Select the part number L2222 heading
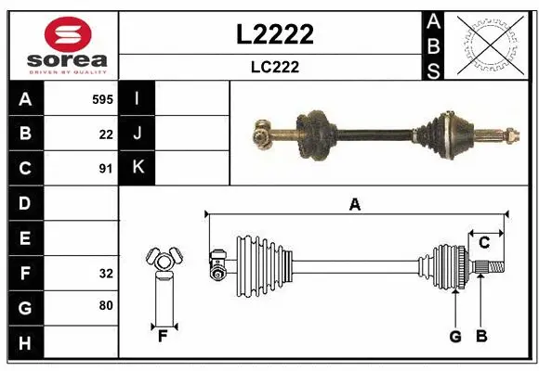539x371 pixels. coord(275,35)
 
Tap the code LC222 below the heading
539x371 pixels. coord(275,67)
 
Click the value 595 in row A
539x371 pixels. coord(102,98)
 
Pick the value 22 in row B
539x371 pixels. coord(106,134)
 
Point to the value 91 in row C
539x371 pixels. coord(106,169)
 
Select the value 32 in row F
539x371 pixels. coord(106,274)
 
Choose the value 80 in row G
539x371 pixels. coord(106,304)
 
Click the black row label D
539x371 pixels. coord(25,203)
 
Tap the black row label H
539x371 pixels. coord(25,344)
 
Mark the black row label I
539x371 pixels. coord(138,98)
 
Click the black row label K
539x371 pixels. coord(138,168)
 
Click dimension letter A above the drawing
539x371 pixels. coord(354,205)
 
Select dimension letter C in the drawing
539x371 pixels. coord(484,243)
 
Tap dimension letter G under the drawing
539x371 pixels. coord(455,337)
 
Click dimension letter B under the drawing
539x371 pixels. coord(480,337)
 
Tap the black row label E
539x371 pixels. coord(25,238)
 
